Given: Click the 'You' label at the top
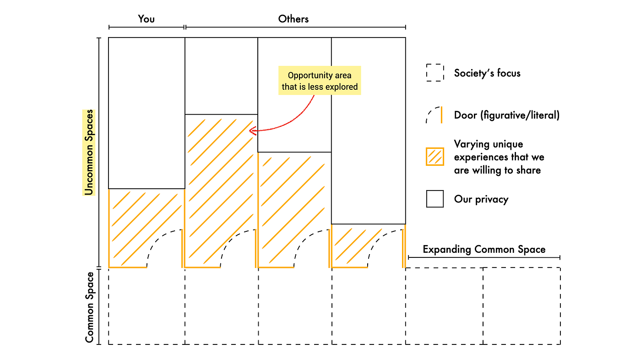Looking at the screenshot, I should click(147, 19).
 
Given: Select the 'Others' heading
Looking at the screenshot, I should click(293, 19).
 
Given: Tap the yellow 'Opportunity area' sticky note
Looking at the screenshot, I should click(320, 81).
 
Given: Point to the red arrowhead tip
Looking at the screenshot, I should click(250, 131).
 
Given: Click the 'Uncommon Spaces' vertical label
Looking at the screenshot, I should click(89, 152).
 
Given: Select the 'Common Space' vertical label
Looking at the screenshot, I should click(90, 307).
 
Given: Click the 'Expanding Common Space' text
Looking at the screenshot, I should click(484, 250).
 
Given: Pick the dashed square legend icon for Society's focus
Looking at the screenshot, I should click(435, 73).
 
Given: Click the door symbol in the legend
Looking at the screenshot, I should click(435, 115).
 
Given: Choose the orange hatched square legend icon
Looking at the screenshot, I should click(435, 157).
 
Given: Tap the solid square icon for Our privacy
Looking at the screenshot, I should click(435, 199).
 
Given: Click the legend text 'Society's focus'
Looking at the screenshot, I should click(487, 73).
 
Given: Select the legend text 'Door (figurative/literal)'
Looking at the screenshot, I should click(506, 115).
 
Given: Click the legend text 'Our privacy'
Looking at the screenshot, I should click(481, 199).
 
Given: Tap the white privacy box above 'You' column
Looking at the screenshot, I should click(147, 113).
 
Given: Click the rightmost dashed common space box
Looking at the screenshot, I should click(521, 306).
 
